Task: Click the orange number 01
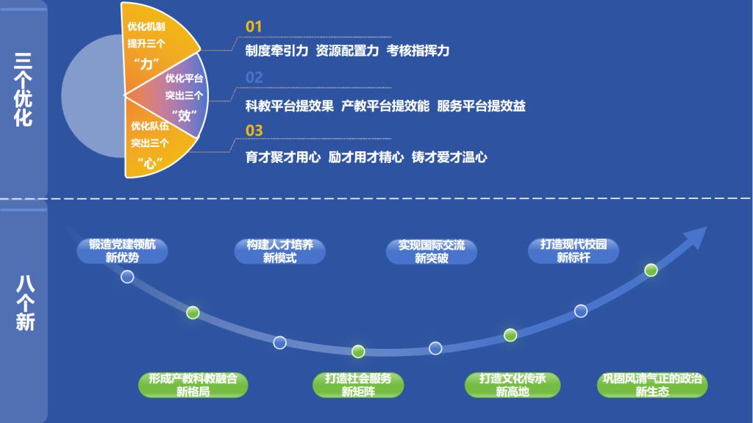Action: pos(254,26)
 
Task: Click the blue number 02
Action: pos(254,77)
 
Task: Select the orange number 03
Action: pos(254,131)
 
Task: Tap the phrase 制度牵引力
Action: pos(276,51)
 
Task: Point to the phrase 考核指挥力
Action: pos(418,51)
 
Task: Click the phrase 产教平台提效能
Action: pos(385,106)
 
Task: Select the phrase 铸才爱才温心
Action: pos(449,157)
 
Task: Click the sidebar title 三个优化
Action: pos(23,90)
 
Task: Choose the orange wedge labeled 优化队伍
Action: pos(154,144)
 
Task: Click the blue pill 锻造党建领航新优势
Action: pos(123,251)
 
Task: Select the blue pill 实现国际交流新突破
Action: pos(431,252)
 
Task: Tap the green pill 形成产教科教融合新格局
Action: pos(193,385)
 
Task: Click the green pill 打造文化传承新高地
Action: pos(513,385)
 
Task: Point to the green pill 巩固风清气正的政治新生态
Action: pos(652,385)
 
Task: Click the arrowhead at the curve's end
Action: pos(697,236)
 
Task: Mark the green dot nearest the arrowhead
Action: pos(651,270)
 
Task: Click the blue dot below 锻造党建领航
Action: pos(127,277)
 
